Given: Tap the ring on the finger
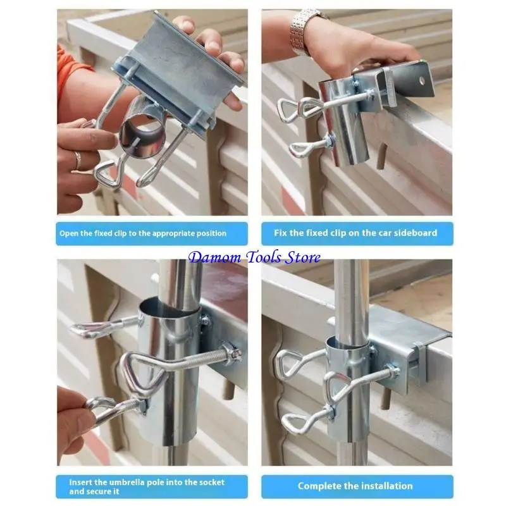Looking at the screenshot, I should pos(78,160).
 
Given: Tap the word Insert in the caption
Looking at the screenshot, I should pos(82,482).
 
